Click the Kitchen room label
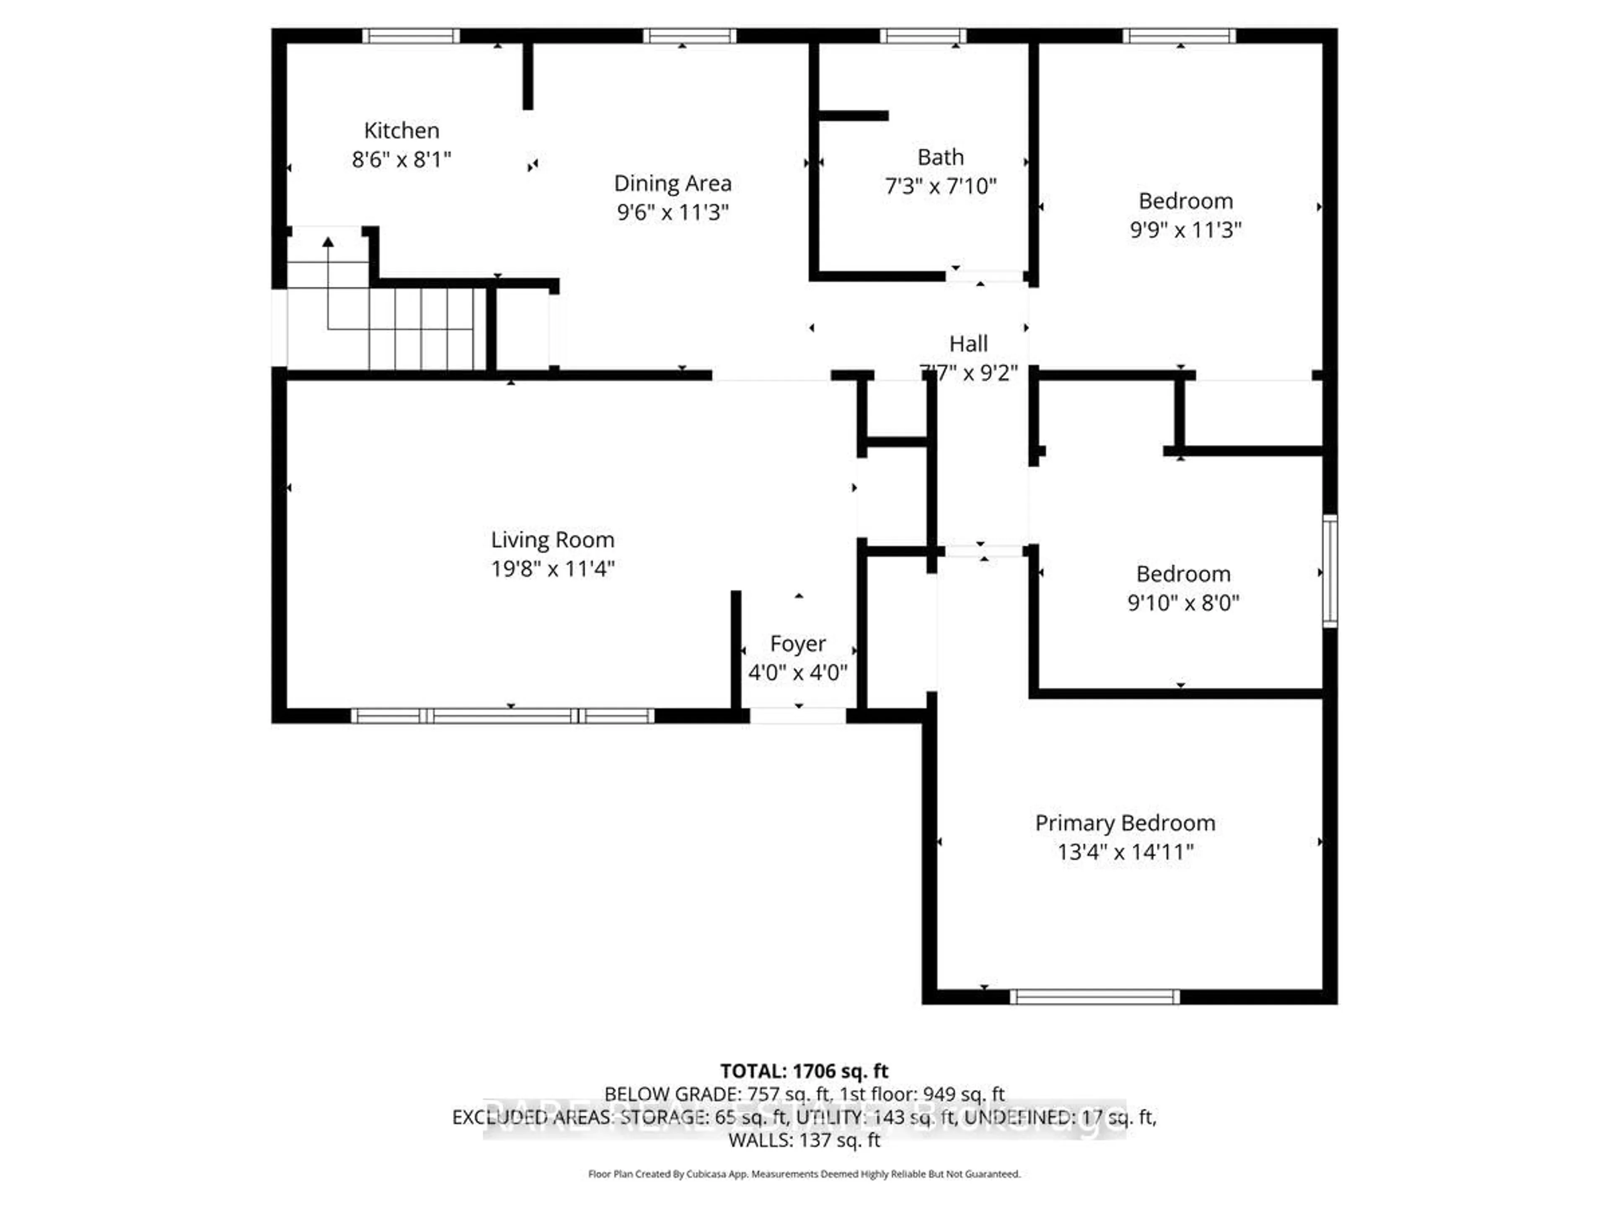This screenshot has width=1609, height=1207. coord(401,131)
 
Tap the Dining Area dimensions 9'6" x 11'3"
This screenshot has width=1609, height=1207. coord(673,212)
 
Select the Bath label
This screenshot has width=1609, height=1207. coord(941,157)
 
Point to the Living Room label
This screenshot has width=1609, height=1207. coord(553,540)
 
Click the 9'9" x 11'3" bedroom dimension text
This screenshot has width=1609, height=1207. coord(1186,230)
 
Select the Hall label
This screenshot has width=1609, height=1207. coord(969,343)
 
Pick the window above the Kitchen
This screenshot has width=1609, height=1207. coord(411,36)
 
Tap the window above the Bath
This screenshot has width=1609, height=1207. coord(923,36)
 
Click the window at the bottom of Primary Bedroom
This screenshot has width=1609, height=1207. coord(1094,997)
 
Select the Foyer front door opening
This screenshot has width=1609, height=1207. coord(798,715)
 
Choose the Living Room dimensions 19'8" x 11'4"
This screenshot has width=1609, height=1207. coord(553,568)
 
